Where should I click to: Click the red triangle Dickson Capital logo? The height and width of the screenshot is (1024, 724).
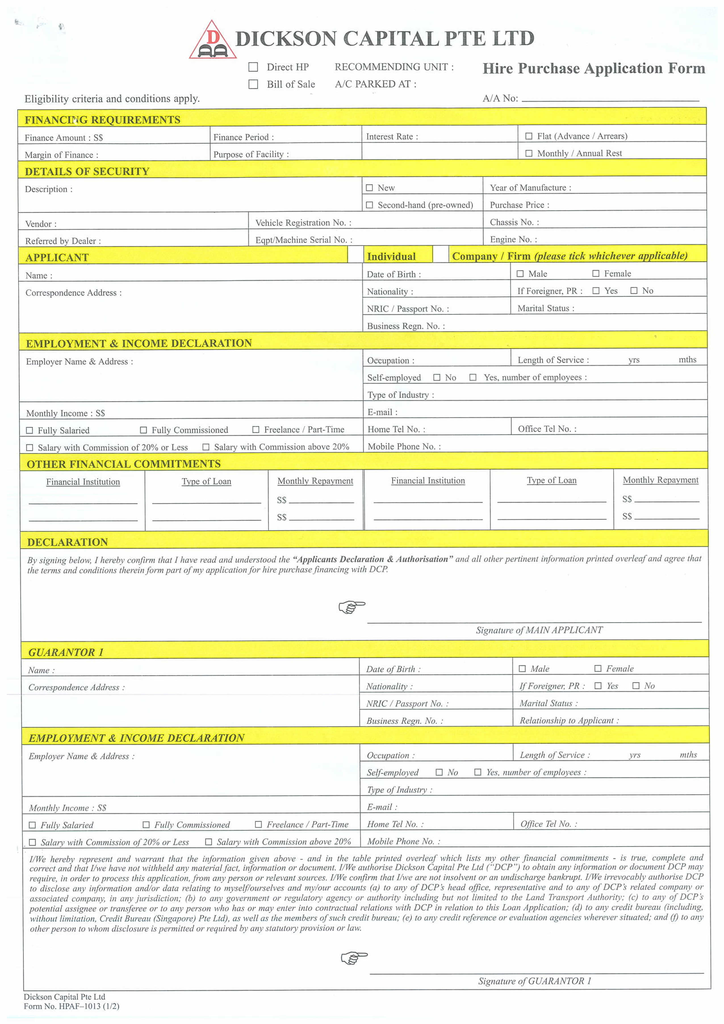[x=213, y=41]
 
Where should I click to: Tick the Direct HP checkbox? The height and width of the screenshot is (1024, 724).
[x=253, y=67]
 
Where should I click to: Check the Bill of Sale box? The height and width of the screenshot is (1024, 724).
[x=253, y=84]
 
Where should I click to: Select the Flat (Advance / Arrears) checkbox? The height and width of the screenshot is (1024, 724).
[x=529, y=136]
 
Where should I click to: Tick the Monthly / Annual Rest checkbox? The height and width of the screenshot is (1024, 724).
[x=529, y=154]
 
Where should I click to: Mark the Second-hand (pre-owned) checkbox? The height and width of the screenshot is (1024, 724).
[x=369, y=205]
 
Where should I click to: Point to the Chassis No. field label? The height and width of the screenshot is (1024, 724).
[x=514, y=222]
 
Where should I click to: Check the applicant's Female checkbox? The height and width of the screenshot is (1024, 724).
[x=596, y=273]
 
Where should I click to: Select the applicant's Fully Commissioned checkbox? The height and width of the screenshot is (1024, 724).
[x=143, y=430]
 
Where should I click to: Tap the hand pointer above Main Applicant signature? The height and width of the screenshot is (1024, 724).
[x=351, y=607]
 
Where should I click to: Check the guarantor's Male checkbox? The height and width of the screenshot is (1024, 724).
[x=522, y=669]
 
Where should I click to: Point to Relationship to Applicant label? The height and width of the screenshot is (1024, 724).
[x=569, y=720]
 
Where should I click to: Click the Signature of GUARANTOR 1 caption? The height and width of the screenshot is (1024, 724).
[x=534, y=981]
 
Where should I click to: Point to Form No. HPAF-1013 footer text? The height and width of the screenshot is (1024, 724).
[x=71, y=1006]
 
